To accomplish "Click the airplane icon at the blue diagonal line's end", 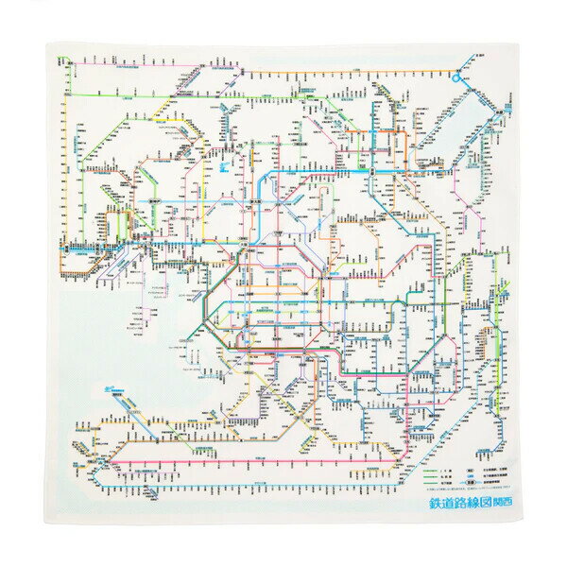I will pos(101,387).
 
